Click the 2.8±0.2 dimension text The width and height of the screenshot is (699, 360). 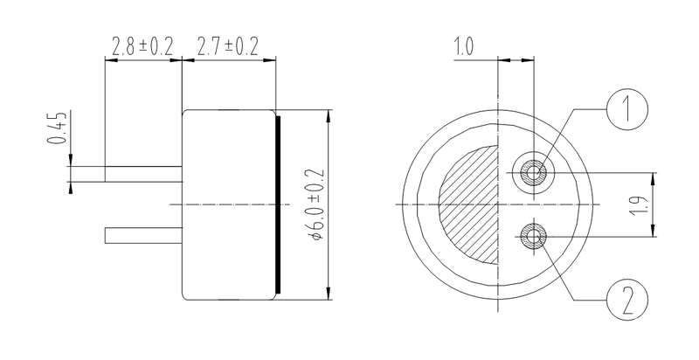(142, 46)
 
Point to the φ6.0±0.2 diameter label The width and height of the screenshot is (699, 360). (316, 204)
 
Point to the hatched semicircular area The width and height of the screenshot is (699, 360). (467, 205)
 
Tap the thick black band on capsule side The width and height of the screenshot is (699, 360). (278, 204)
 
